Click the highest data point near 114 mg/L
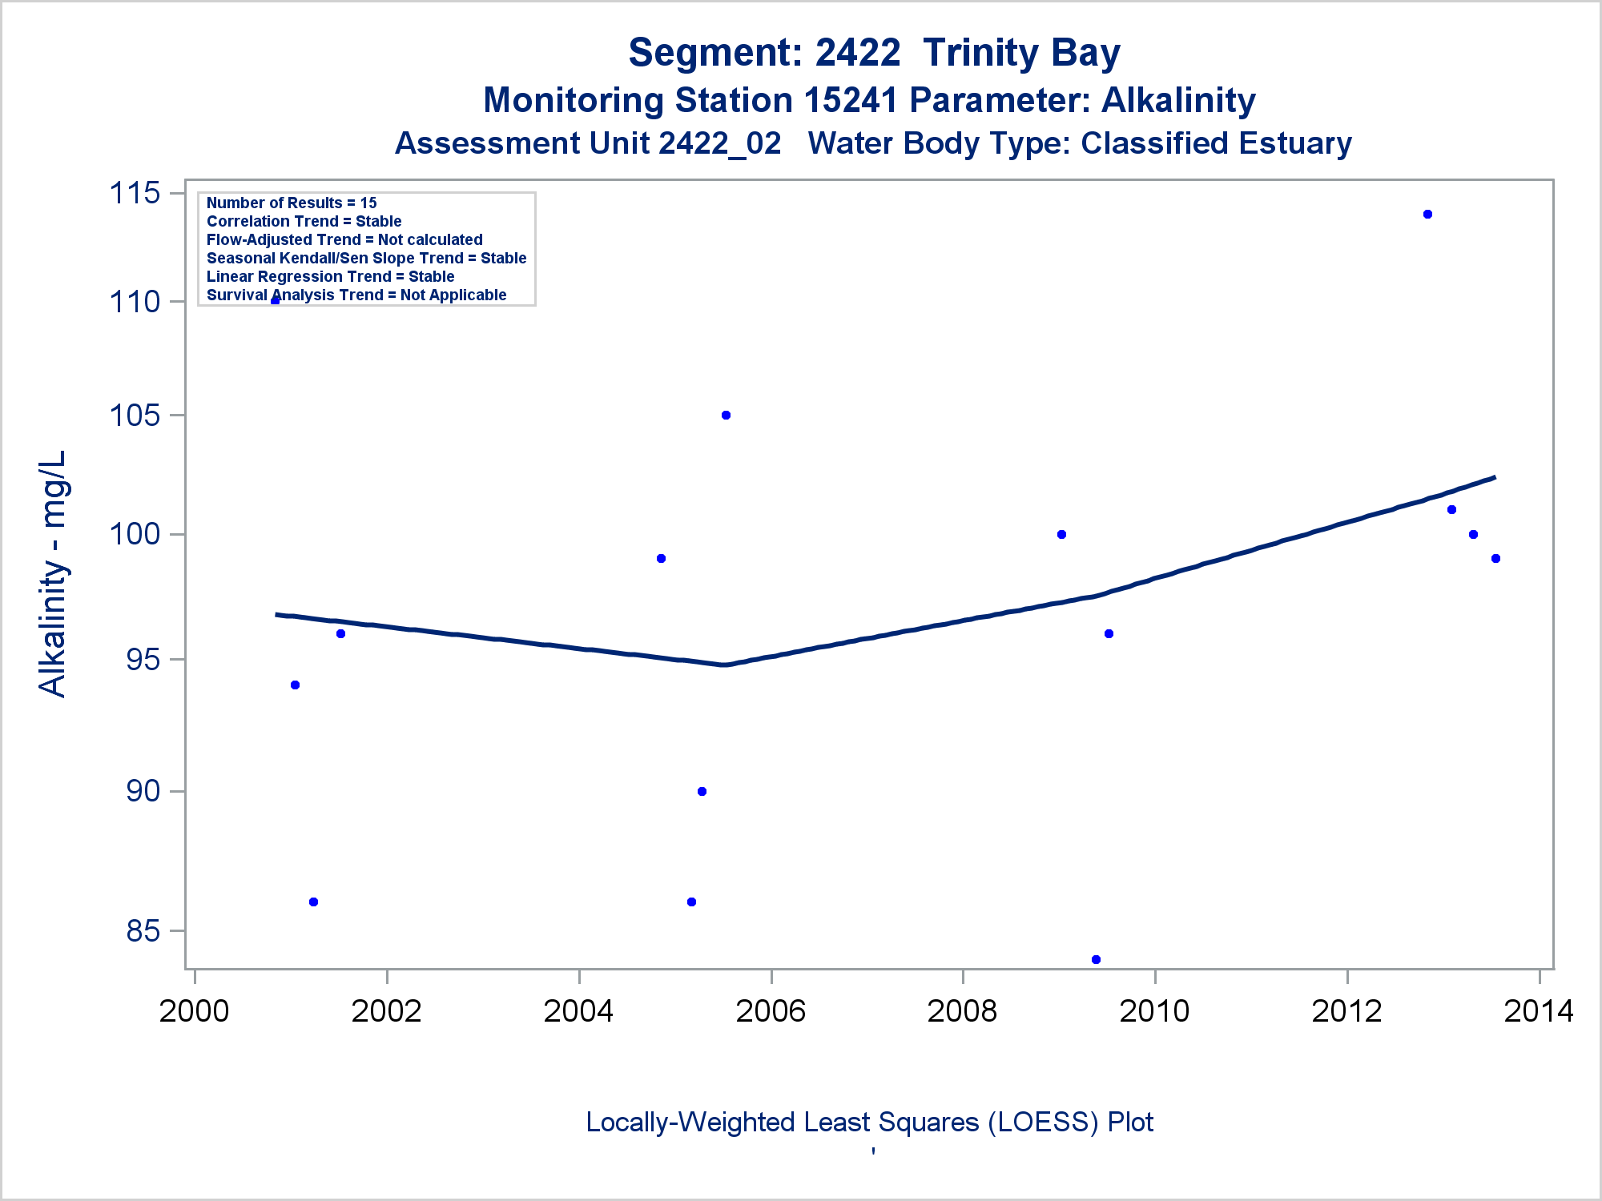[1427, 215]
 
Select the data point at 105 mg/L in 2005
[726, 416]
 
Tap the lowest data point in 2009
[1096, 959]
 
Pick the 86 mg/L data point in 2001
[313, 902]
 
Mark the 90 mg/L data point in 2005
[702, 792]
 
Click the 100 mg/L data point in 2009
[1061, 535]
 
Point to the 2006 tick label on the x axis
[771, 1011]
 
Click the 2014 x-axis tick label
[1538, 1011]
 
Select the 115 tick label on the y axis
[135, 193]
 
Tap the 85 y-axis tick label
[143, 931]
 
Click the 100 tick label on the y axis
[135, 534]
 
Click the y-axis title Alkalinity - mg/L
[54, 573]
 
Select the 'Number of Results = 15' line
[292, 203]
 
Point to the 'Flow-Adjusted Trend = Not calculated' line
[344, 240]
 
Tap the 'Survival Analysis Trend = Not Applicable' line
[356, 295]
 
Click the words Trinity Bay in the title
[1021, 53]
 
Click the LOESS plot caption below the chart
[869, 1123]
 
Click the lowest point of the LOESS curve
[724, 665]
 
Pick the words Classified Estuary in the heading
[1216, 144]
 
